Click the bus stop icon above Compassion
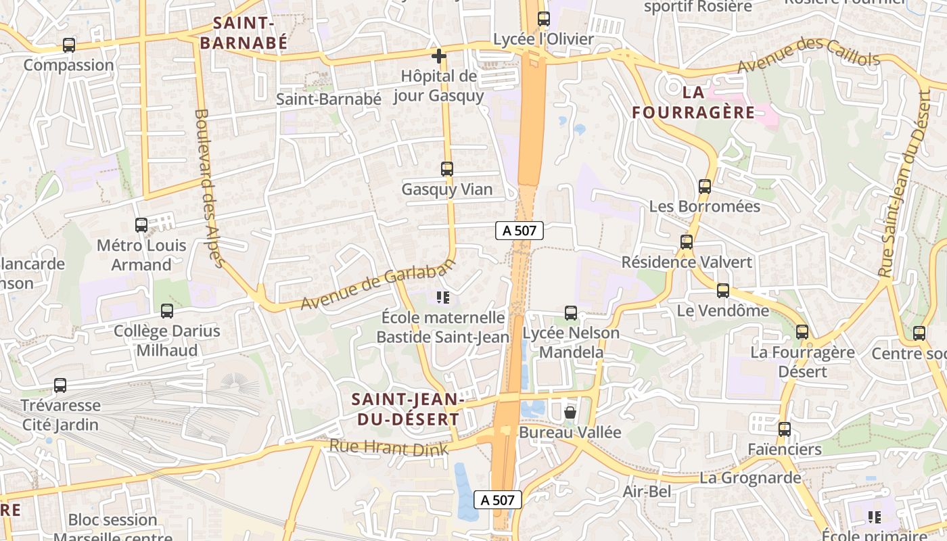(x=69, y=45)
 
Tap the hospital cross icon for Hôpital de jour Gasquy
(x=439, y=56)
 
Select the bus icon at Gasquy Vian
(x=447, y=169)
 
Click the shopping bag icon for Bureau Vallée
(x=570, y=412)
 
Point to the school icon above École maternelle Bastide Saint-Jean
(x=444, y=298)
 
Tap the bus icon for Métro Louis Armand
(x=141, y=225)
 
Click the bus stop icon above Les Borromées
(x=705, y=187)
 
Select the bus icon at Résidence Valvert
(x=687, y=242)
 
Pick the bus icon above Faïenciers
(x=785, y=429)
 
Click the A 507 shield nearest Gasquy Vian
(x=519, y=231)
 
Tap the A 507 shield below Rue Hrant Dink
(x=498, y=500)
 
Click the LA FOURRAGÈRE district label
(x=693, y=102)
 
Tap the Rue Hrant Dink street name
(x=388, y=447)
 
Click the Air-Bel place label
(x=647, y=492)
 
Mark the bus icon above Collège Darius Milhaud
(x=167, y=311)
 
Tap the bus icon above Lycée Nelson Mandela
(x=571, y=313)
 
